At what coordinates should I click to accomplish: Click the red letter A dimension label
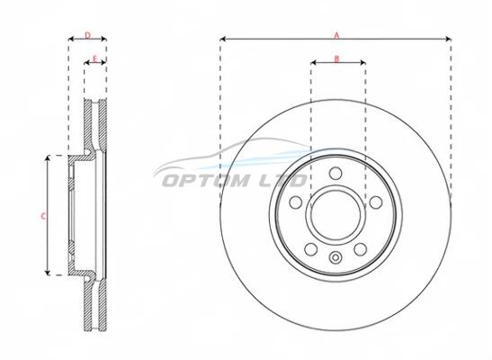pyautogui.click(x=336, y=35)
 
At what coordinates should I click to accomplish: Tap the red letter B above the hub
pyautogui.click(x=336, y=58)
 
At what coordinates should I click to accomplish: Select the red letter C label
pyautogui.click(x=43, y=216)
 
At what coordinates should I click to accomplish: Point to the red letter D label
pyautogui.click(x=87, y=35)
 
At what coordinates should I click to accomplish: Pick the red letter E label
pyautogui.click(x=95, y=58)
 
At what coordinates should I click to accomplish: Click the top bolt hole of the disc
pyautogui.click(x=335, y=173)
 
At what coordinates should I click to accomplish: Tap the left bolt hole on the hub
pyautogui.click(x=296, y=202)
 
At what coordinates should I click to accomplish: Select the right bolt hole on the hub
pyautogui.click(x=376, y=202)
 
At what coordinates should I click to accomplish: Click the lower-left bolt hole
pyautogui.click(x=311, y=249)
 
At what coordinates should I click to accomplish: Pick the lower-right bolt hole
pyautogui.click(x=360, y=249)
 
